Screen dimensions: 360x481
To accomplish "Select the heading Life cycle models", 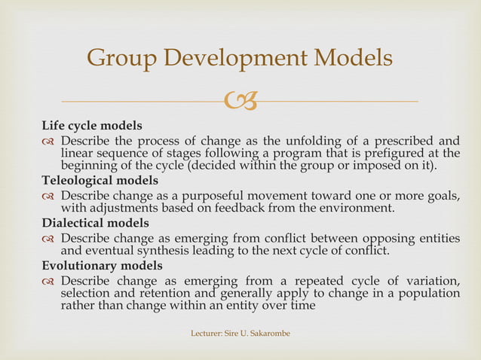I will coord(91,125).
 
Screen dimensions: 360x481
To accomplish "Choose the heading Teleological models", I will coord(100,181).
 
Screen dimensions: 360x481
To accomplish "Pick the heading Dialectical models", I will coord(95,224).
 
